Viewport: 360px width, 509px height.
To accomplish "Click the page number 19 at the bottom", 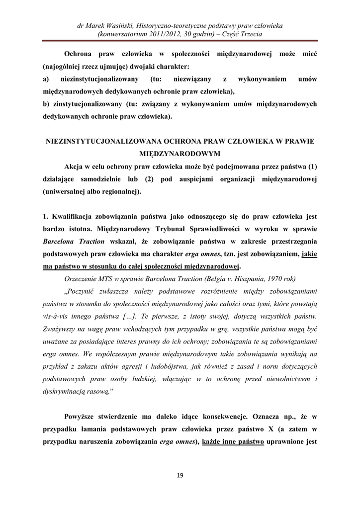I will (x=180, y=476).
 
